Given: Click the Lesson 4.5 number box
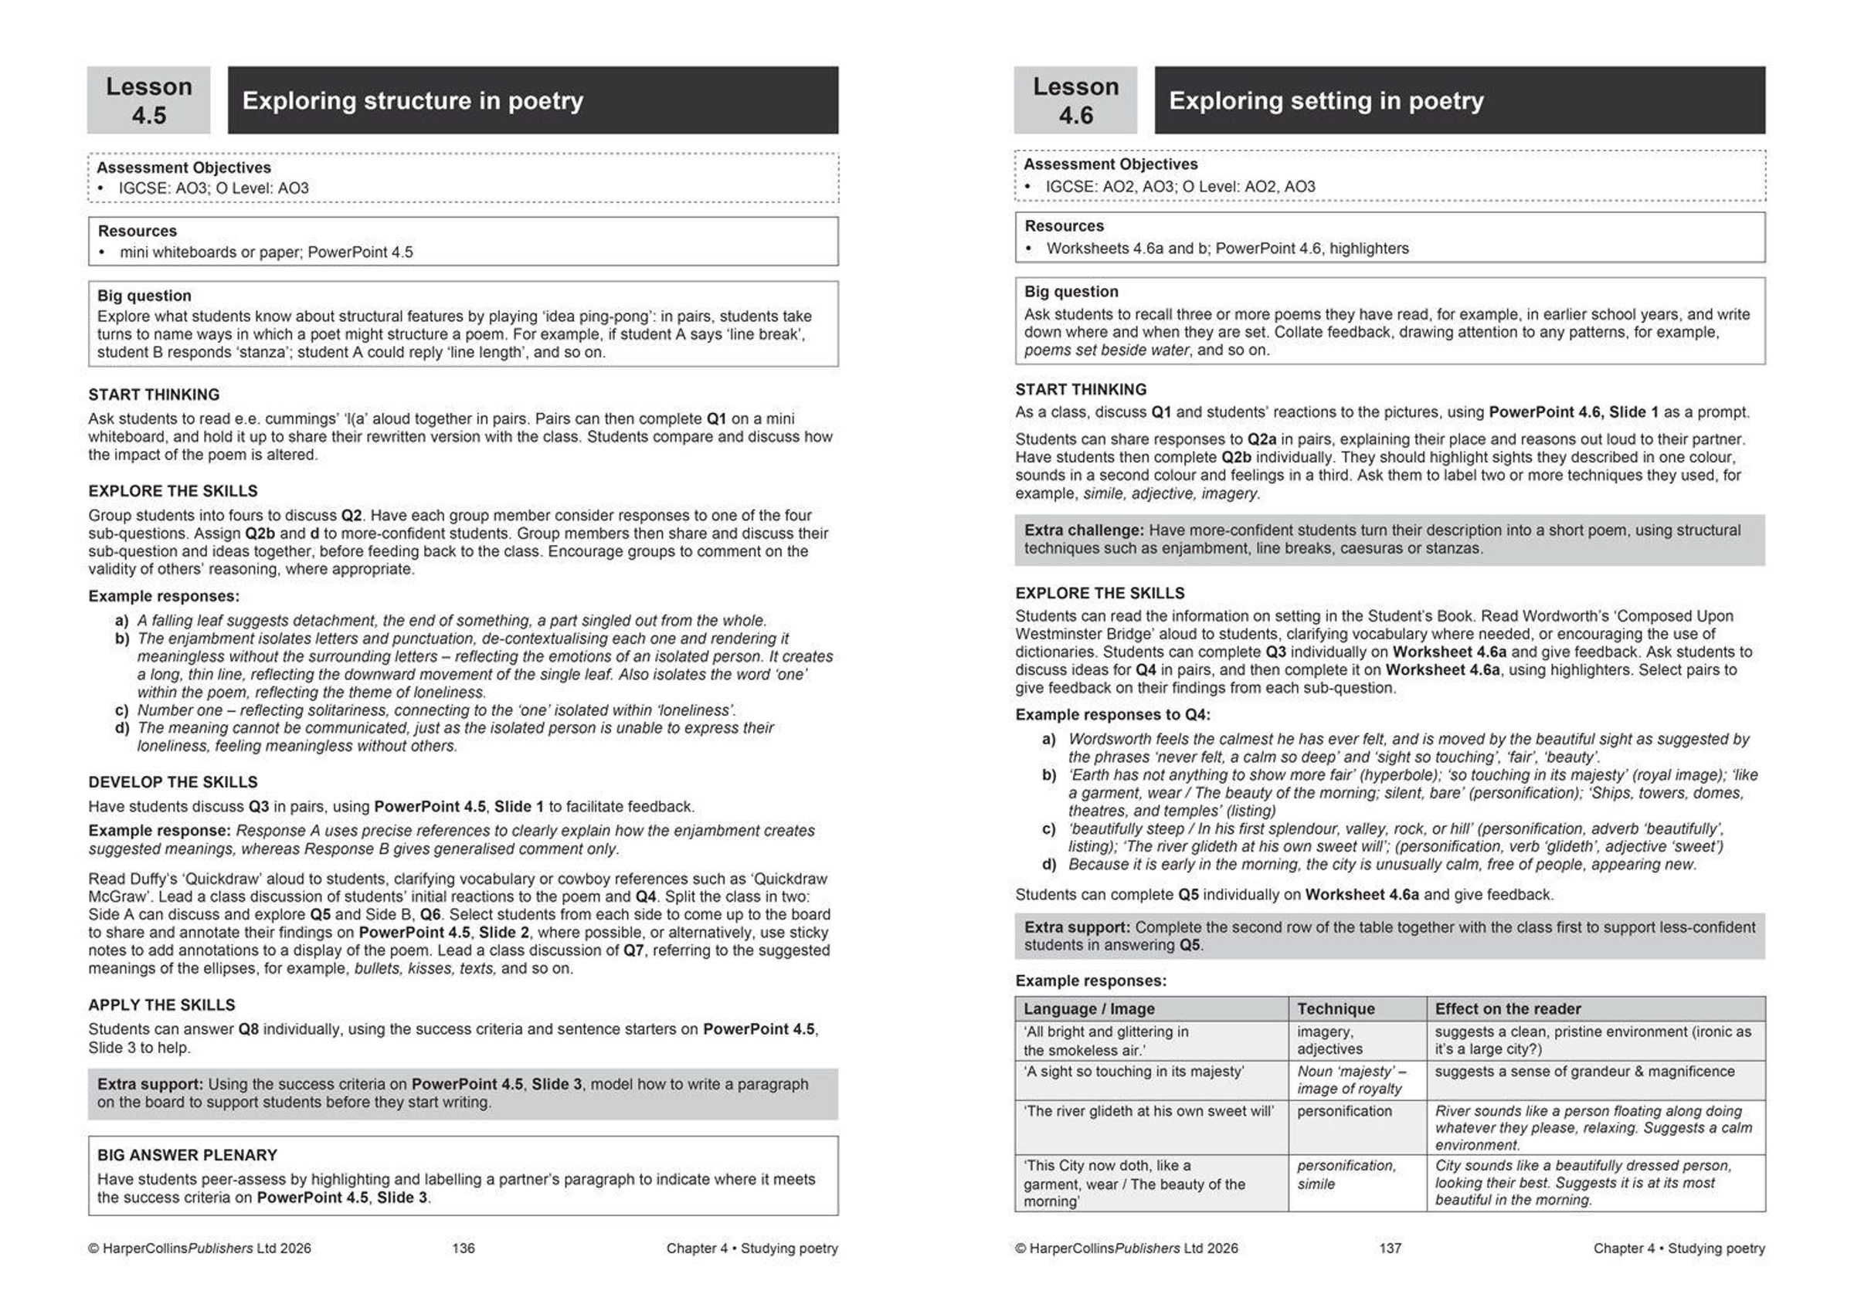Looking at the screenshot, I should click(x=148, y=100).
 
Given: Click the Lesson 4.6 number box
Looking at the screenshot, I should click(x=1075, y=100).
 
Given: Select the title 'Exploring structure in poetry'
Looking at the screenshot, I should click(x=413, y=101).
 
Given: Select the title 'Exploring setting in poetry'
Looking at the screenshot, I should click(x=1326, y=101).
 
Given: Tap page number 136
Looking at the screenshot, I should click(x=463, y=1248).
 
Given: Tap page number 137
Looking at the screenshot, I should click(x=1390, y=1248).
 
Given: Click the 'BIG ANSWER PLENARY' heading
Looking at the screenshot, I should click(x=188, y=1155).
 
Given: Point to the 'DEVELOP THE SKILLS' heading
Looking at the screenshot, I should click(x=173, y=782).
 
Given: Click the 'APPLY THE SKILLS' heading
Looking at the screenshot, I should click(x=161, y=1005).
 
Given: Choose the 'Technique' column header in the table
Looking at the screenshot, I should click(x=1336, y=1008).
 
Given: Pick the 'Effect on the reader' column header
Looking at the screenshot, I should click(x=1508, y=1008).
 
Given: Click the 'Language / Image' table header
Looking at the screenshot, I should click(x=1088, y=1008).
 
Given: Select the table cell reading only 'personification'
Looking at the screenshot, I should click(x=1344, y=1112).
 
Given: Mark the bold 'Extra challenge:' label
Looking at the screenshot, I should click(x=1084, y=530).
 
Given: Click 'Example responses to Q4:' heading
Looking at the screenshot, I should click(x=1112, y=714).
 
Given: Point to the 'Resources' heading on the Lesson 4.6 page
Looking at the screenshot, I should click(x=1064, y=226).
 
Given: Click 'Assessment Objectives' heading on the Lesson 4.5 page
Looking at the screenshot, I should click(x=183, y=168).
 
